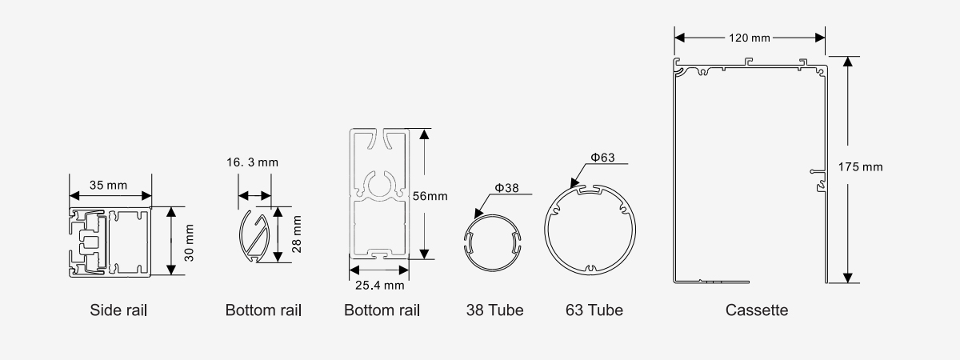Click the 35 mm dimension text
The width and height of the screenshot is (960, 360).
point(110,185)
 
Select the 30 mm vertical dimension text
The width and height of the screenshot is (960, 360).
point(190,241)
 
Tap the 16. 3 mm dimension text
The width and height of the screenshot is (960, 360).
point(252,162)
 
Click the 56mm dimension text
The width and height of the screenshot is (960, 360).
point(430,194)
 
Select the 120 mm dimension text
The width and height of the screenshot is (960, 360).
point(750,37)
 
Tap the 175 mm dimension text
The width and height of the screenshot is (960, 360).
point(860,167)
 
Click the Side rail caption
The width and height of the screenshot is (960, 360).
point(118,310)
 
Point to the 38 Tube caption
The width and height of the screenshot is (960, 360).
point(494,310)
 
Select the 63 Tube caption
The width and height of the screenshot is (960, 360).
point(594,310)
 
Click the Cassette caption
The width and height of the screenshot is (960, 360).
point(756,310)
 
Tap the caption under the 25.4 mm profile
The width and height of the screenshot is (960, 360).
point(382,310)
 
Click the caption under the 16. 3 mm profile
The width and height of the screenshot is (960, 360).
point(263,310)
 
